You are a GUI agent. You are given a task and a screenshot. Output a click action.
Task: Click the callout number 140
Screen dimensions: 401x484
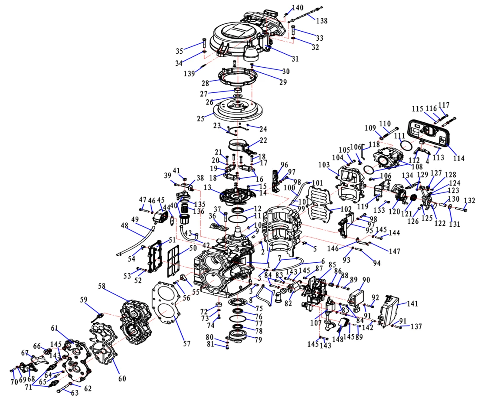(x=298, y=7)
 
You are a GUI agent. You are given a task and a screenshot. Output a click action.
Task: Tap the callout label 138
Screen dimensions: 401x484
(x=322, y=21)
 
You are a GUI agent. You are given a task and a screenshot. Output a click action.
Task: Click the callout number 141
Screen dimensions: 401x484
(x=413, y=304)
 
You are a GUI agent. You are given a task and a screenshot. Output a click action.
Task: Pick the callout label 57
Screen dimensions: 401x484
(x=187, y=343)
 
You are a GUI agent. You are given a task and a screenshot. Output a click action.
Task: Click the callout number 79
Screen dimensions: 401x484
(x=258, y=340)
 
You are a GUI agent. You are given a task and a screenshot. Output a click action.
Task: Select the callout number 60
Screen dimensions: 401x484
(x=122, y=378)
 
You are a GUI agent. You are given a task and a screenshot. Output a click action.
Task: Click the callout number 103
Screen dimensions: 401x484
(x=335, y=165)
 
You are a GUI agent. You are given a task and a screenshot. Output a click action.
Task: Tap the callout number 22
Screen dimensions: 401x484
(x=263, y=140)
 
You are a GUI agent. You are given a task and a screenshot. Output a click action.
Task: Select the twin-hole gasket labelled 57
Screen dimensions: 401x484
(x=164, y=303)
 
